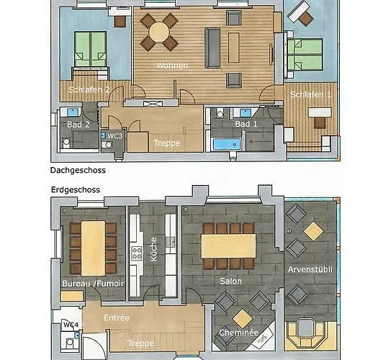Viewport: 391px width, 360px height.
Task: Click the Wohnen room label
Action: (x=173, y=66)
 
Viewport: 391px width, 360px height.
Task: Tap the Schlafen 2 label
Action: (x=89, y=90)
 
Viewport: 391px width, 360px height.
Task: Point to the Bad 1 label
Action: (x=246, y=124)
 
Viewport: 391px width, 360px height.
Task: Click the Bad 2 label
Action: (x=78, y=124)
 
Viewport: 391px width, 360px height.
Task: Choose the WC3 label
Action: (x=115, y=135)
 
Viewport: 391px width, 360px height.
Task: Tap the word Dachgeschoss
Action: (x=78, y=171)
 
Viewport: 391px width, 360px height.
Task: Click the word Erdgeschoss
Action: (x=75, y=190)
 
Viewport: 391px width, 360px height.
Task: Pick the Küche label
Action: (x=153, y=253)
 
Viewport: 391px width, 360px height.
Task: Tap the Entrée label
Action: (x=117, y=317)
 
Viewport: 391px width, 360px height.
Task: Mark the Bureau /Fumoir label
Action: (x=93, y=284)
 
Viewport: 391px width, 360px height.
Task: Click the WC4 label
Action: (x=71, y=325)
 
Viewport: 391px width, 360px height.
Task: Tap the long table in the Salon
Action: (x=228, y=245)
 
